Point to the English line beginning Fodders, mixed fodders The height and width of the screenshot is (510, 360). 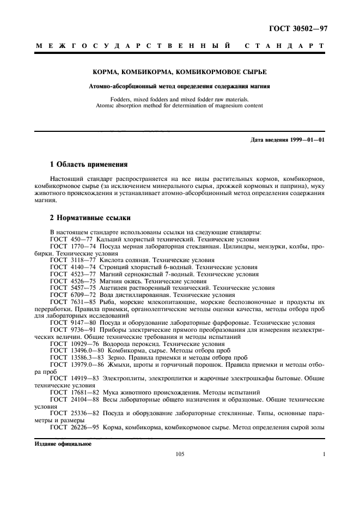coord(179,99)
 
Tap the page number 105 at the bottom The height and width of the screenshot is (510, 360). coord(180,454)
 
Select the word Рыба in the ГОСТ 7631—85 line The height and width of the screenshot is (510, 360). coord(108,301)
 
